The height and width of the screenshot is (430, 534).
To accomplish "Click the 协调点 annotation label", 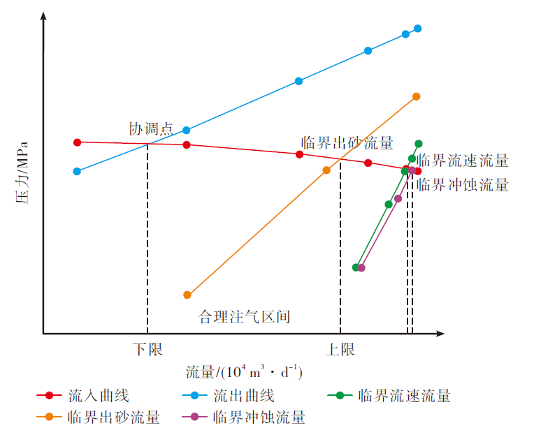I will tap(150, 128).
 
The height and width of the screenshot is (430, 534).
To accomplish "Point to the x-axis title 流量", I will tap(244, 371).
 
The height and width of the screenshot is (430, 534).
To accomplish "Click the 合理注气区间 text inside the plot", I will tap(245, 317).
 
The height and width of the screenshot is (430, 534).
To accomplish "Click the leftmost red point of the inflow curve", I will tap(78, 142).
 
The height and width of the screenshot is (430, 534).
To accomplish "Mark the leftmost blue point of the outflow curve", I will tap(77, 171).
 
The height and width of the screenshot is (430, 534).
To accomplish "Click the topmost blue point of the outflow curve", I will tap(418, 29).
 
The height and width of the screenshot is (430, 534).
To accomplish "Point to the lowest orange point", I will tap(187, 295).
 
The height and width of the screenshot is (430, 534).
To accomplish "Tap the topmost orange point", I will tap(416, 96).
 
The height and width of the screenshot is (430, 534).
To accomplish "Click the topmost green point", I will tap(419, 144).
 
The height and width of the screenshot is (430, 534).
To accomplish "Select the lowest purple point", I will tap(361, 267).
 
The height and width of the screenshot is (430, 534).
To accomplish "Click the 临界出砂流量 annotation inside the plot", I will tap(347, 143).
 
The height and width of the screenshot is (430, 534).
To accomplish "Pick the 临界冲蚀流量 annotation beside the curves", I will tap(463, 185).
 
